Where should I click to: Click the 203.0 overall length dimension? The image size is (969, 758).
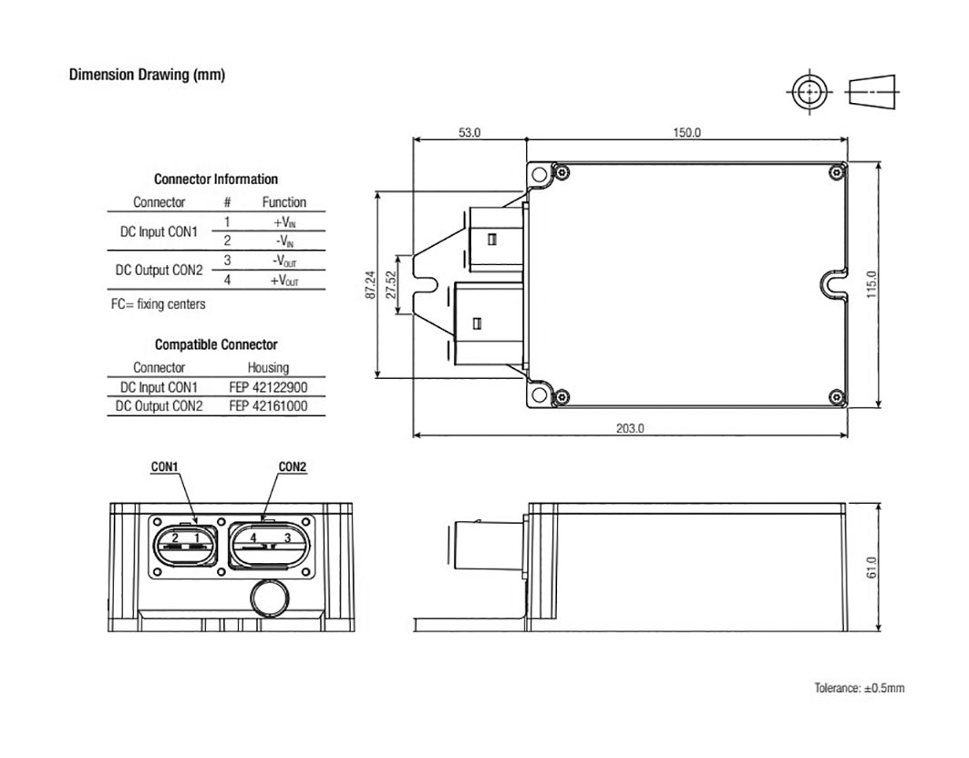click(x=630, y=428)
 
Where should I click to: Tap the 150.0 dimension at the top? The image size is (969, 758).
click(x=686, y=132)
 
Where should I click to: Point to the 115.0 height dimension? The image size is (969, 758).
click(x=872, y=284)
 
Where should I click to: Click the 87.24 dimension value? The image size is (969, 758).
click(x=369, y=284)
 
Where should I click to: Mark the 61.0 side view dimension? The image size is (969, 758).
click(x=872, y=567)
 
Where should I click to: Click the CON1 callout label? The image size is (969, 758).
click(x=164, y=467)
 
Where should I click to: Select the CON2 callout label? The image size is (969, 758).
click(x=293, y=467)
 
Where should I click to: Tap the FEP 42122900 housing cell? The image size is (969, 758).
click(x=268, y=387)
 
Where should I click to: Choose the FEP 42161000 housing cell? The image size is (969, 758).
click(x=268, y=406)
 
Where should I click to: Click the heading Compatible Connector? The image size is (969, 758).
click(x=216, y=345)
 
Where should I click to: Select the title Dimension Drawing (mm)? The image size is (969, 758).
click(x=147, y=75)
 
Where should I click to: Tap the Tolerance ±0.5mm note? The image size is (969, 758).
click(x=860, y=688)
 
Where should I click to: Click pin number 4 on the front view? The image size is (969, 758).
click(x=254, y=538)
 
